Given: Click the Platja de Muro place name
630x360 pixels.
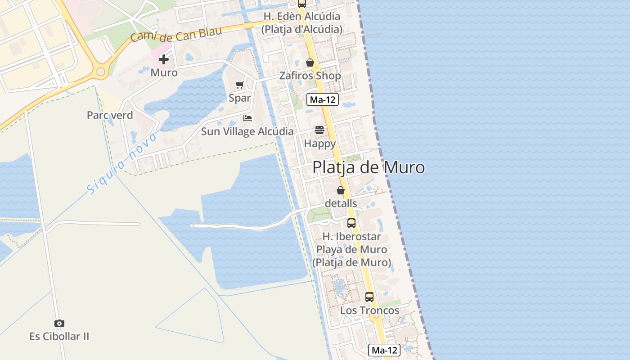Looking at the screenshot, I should [368, 167].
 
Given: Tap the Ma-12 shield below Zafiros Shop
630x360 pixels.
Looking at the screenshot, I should [322, 100].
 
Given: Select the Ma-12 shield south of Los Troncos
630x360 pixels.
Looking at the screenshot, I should [384, 350].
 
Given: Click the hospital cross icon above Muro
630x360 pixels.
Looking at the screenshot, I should [164, 59].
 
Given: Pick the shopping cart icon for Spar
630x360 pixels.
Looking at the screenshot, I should [240, 85].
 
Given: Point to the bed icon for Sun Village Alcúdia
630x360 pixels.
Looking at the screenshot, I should [247, 118].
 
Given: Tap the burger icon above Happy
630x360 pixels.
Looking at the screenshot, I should [319, 130].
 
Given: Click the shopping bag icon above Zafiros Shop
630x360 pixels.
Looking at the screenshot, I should [310, 63].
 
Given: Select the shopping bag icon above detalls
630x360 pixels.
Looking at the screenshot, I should [341, 190].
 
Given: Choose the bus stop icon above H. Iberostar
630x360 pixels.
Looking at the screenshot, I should [351, 223].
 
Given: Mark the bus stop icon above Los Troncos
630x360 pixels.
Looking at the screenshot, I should [369, 297].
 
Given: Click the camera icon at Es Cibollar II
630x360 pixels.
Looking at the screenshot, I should [59, 323].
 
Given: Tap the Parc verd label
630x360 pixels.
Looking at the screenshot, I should [110, 115].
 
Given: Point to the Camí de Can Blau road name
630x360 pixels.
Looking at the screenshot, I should [176, 35].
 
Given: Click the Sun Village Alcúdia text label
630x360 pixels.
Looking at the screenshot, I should [247, 132].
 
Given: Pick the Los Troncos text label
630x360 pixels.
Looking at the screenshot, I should [369, 310].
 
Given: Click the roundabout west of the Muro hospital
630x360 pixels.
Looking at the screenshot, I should [100, 71].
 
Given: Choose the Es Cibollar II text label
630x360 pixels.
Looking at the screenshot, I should [59, 336].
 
